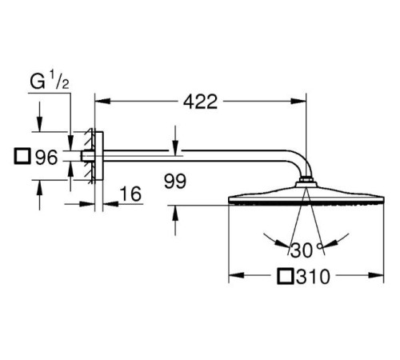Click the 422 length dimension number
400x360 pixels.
click(201, 102)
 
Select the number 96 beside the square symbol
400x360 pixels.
click(46, 157)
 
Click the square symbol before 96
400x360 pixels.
click(22, 156)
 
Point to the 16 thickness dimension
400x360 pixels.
click(130, 194)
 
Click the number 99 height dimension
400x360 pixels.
click(175, 182)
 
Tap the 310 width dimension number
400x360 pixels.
click(313, 277)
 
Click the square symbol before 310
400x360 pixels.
click(286, 276)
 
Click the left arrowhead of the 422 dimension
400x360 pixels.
click(102, 102)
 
